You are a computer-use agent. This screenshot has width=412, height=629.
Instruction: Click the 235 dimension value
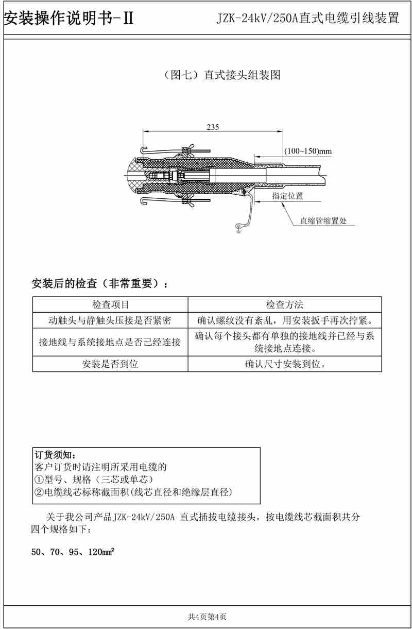click(212, 127)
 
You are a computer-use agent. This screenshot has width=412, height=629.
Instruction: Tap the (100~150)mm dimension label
click(308, 151)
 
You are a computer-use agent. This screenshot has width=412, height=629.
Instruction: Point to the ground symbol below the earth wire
click(238, 228)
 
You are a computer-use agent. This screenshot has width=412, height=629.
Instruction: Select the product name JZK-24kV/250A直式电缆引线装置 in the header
click(308, 20)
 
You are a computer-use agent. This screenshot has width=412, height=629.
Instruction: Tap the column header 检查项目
click(110, 305)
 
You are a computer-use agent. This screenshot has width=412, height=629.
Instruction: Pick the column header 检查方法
click(284, 305)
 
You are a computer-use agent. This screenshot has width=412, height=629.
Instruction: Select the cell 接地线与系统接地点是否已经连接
click(110, 342)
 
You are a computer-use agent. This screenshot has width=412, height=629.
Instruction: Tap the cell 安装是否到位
click(110, 364)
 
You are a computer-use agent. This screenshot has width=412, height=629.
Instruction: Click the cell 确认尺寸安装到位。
click(284, 364)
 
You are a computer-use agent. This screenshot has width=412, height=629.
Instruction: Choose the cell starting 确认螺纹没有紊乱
click(284, 320)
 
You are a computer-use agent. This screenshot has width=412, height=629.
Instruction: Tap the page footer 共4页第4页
click(207, 616)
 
